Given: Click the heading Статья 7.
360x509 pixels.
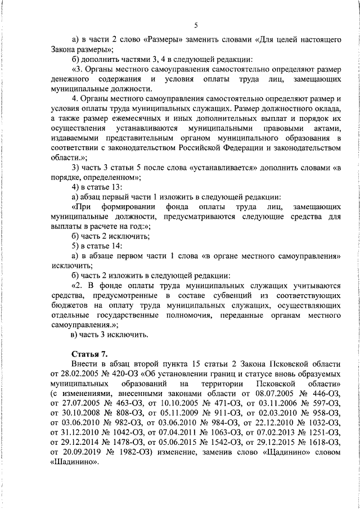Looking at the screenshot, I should click(89, 354).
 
